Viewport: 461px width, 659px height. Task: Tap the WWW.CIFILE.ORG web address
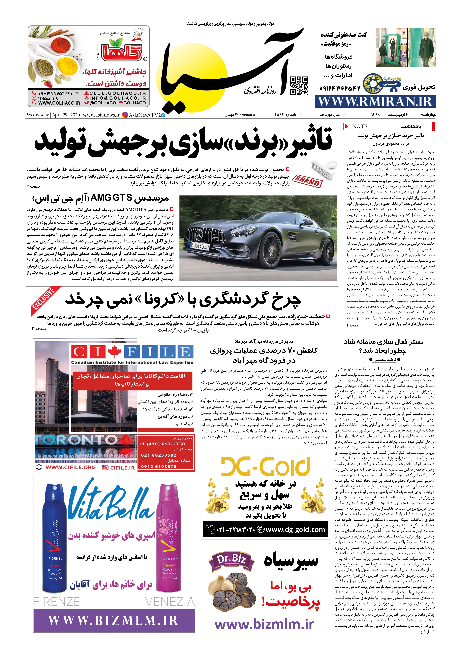(x=71, y=468)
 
